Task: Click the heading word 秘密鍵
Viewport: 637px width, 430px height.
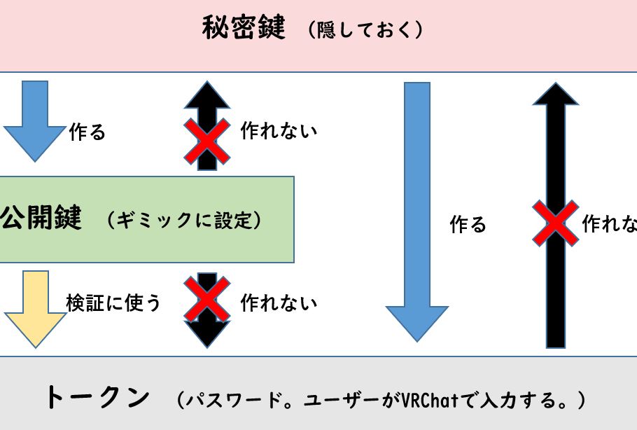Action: click(244, 29)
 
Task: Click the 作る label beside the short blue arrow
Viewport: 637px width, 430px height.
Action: click(87, 132)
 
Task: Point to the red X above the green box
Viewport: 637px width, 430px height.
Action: click(206, 139)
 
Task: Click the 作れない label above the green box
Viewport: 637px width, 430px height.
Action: click(279, 131)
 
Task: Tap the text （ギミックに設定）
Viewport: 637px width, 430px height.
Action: click(185, 221)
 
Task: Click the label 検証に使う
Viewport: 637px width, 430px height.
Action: click(113, 303)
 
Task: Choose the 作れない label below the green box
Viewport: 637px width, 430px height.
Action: click(279, 303)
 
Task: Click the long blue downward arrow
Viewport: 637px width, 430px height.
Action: click(417, 210)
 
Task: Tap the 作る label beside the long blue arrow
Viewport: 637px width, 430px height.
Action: click(468, 224)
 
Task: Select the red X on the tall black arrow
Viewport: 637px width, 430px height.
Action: click(555, 223)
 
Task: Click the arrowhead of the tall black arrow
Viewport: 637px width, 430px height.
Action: click(556, 95)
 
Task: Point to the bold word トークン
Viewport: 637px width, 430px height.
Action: click(97, 398)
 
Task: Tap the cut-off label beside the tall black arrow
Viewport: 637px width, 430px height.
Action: click(610, 224)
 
